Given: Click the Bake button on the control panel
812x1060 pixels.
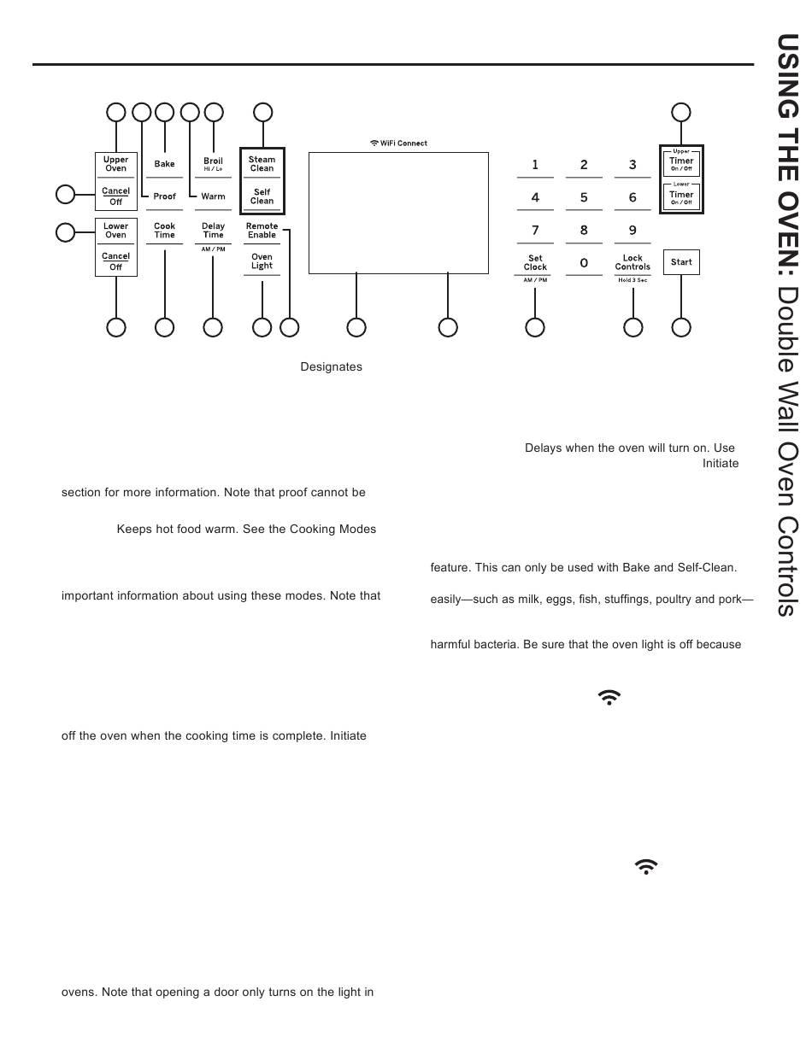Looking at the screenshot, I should pos(164,164).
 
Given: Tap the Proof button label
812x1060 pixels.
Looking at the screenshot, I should pos(164,196).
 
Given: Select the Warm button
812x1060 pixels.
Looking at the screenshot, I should pos(213,196).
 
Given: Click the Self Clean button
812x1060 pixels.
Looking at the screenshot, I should pos(262,196).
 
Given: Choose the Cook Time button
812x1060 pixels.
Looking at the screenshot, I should pos(164,231).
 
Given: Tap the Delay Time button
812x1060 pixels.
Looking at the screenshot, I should pos(213,231).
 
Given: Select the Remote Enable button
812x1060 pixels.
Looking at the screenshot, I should pos(262,231).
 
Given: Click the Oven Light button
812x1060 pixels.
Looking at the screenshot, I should pos(262,261).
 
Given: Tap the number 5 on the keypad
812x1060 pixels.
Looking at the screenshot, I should pos(584,197).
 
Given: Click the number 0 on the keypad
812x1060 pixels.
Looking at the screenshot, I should pos(584,263).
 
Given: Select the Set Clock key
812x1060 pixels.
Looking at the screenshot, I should pos(535,262).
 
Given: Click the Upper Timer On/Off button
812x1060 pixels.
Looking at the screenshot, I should pos(681,163).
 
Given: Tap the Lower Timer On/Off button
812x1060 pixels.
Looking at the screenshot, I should pos(681,196).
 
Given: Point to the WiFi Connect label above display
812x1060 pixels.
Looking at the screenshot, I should pos(398,143).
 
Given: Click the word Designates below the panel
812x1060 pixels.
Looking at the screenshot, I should pos(331,367).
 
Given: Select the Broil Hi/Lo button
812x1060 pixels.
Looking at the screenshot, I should pos(213,163).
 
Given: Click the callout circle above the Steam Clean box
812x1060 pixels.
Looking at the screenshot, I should pos(263,112).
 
